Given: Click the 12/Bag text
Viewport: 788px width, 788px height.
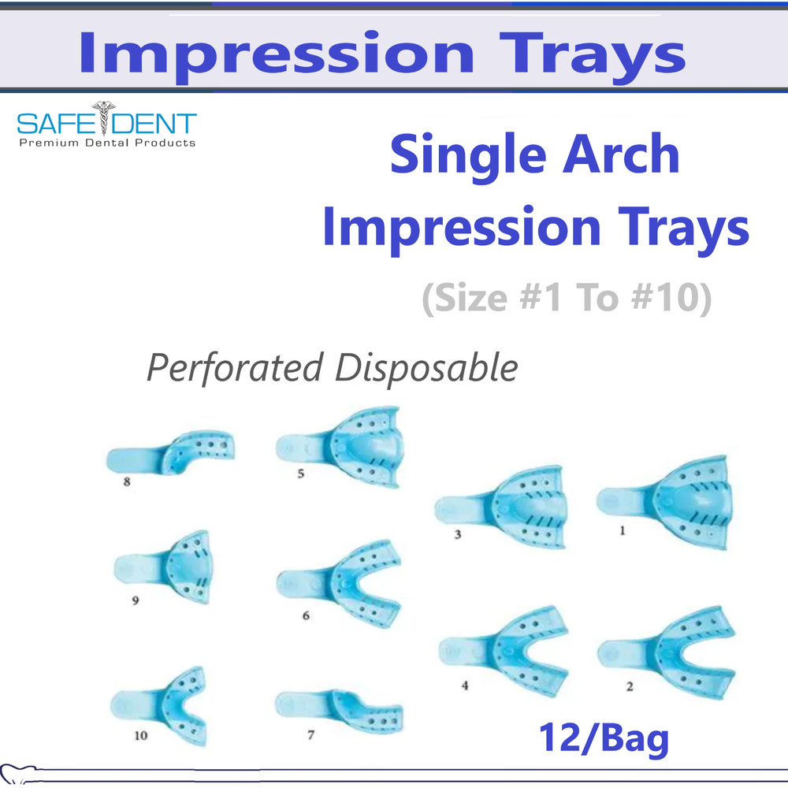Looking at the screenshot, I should [x=604, y=738].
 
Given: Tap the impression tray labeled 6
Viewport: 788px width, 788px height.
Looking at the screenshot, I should [x=343, y=583].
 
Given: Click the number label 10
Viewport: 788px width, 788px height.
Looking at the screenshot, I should [x=140, y=737].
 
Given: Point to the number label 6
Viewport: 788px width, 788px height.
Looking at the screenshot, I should [x=306, y=616].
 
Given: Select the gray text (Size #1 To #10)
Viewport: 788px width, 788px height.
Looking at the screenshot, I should [x=566, y=300].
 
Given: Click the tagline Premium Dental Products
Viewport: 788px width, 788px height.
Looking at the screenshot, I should [x=106, y=143].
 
